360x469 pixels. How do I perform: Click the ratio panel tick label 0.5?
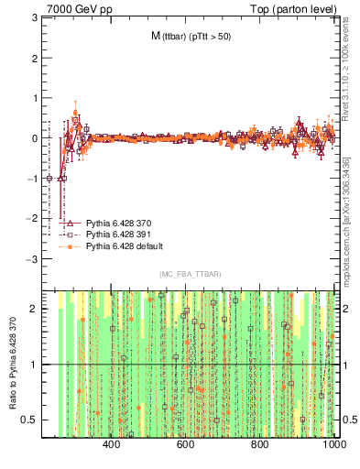pos(29,420)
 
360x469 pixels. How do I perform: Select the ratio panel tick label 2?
pos(34,310)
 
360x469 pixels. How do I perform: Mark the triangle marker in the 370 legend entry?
pos(70,223)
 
